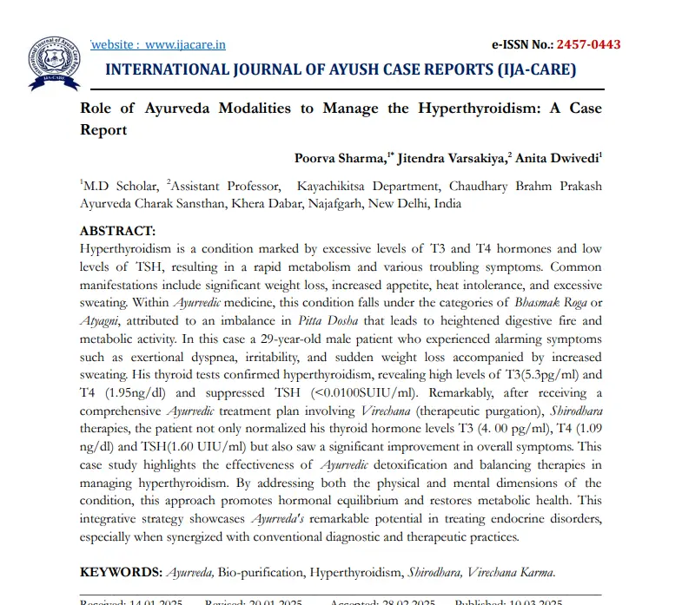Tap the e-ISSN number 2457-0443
pyautogui.click(x=588, y=44)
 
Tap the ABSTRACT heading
pyautogui.click(x=117, y=231)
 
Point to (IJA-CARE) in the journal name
pyautogui.click(x=531, y=70)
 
